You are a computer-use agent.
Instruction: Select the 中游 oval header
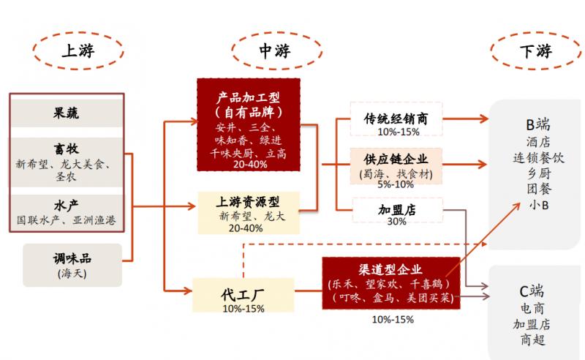click(275, 51)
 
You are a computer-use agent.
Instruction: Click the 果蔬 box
click(67, 113)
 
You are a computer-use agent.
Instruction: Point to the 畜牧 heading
click(67, 149)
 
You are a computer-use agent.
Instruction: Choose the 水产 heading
click(67, 204)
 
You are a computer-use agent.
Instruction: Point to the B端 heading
click(539, 124)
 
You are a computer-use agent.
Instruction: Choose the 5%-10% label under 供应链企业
click(396, 185)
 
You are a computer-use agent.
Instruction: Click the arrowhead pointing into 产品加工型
click(192, 121)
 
